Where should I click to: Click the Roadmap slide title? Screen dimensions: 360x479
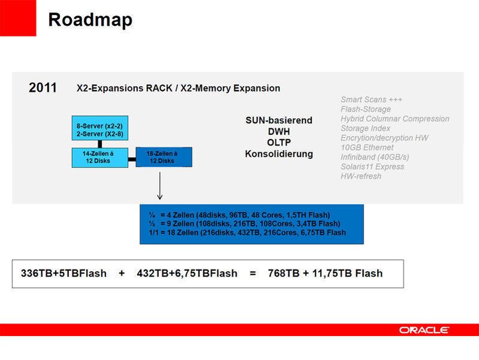click(90, 20)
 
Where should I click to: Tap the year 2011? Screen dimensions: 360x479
click(43, 88)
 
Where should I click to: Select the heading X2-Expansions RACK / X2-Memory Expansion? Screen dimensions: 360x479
click(178, 88)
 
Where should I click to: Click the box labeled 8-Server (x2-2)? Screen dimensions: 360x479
click(101, 128)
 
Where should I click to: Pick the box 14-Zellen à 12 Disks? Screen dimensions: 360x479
click(100, 157)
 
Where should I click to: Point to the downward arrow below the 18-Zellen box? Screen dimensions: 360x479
click(159, 186)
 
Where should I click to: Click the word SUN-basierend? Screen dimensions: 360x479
click(279, 121)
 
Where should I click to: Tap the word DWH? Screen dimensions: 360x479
click(279, 131)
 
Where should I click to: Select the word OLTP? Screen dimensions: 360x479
click(279, 143)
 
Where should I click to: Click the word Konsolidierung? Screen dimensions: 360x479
click(279, 154)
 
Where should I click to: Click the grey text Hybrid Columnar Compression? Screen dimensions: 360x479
click(394, 119)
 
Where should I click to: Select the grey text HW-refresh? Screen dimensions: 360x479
click(361, 176)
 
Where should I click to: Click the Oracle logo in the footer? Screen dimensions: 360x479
click(424, 330)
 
